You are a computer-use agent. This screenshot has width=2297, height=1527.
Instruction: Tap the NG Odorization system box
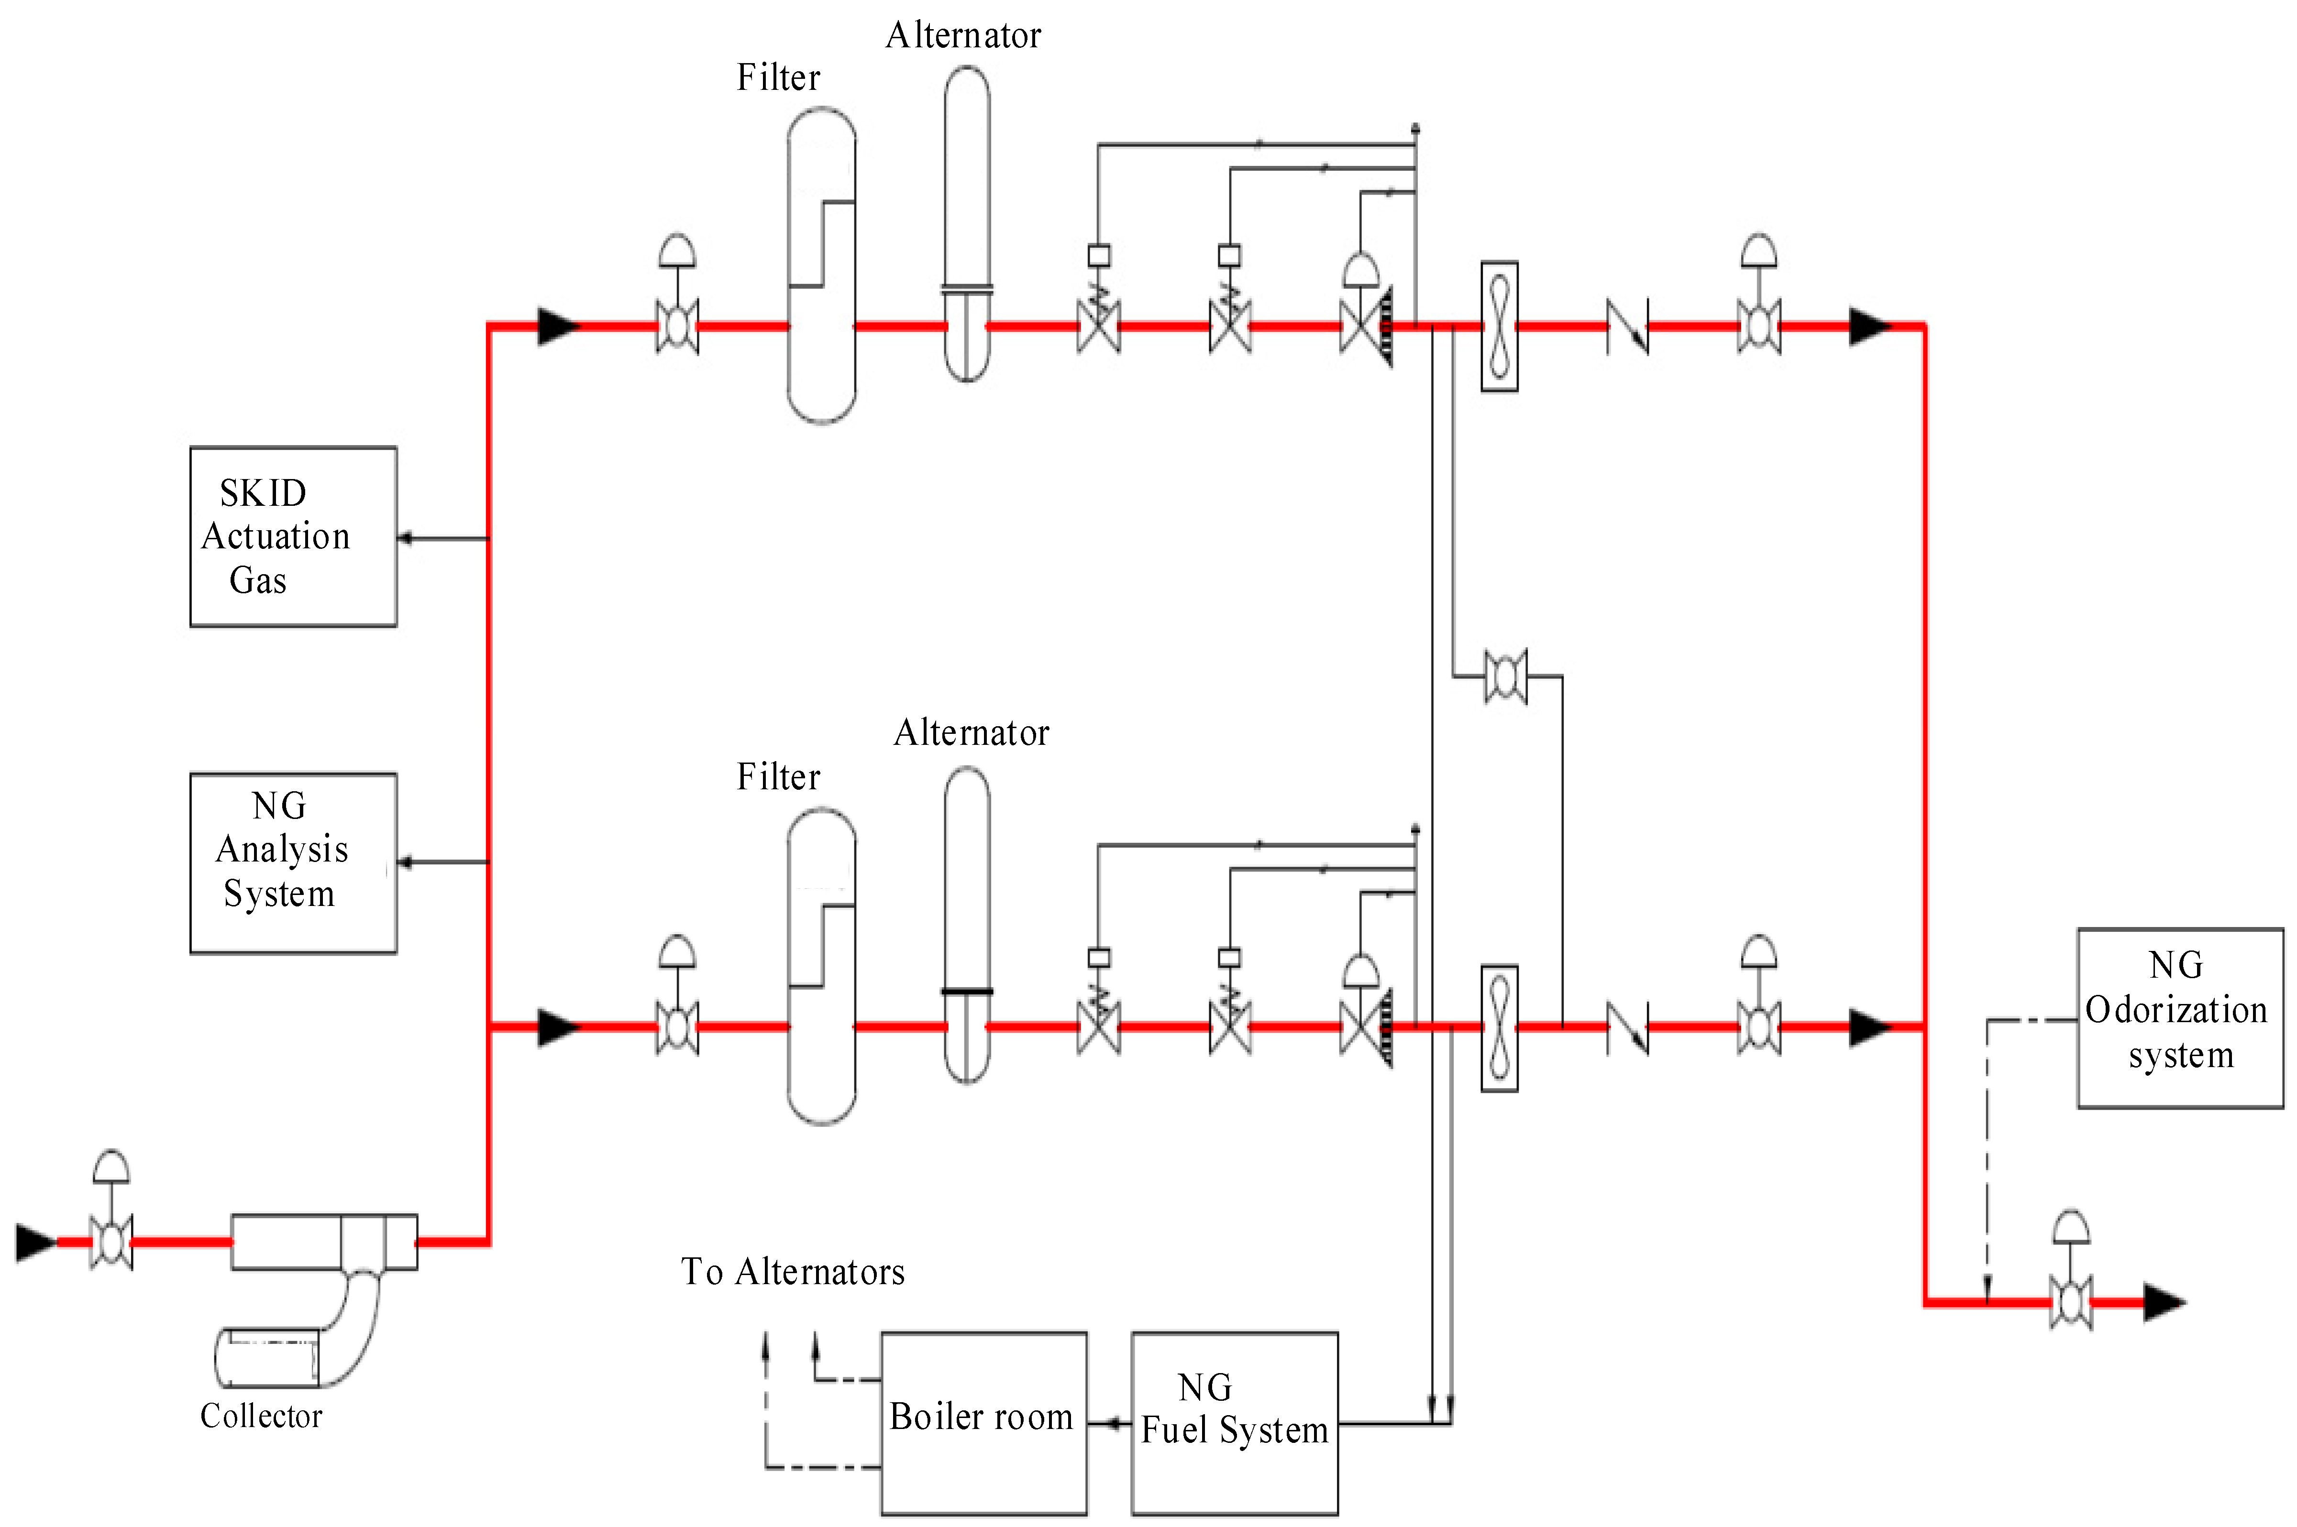point(2180,1018)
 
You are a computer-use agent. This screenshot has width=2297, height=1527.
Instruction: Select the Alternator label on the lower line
point(971,732)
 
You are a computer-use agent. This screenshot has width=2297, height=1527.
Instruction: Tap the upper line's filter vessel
point(821,265)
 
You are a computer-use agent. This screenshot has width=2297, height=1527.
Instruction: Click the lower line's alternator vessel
point(967,925)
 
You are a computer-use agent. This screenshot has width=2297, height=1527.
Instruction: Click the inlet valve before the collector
point(111,1242)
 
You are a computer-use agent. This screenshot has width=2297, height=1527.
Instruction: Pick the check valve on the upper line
point(1627,326)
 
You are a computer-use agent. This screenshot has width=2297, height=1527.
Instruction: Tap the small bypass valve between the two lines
point(1505,676)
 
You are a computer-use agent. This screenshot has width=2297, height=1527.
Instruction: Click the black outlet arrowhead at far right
point(2164,1302)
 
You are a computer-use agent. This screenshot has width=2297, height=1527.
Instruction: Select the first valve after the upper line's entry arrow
point(677,326)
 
